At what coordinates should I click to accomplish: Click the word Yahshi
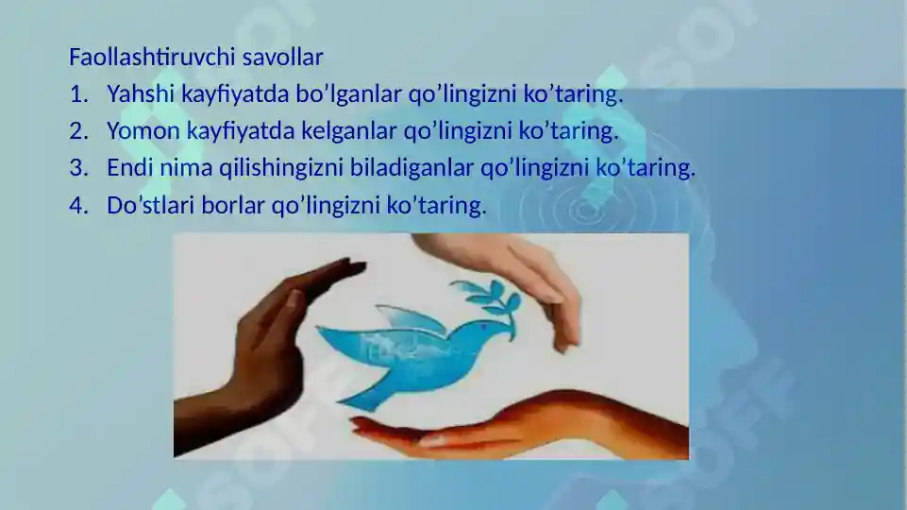pos(137,94)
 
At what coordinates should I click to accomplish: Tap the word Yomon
pos(143,131)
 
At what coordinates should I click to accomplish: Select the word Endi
pos(127,168)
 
